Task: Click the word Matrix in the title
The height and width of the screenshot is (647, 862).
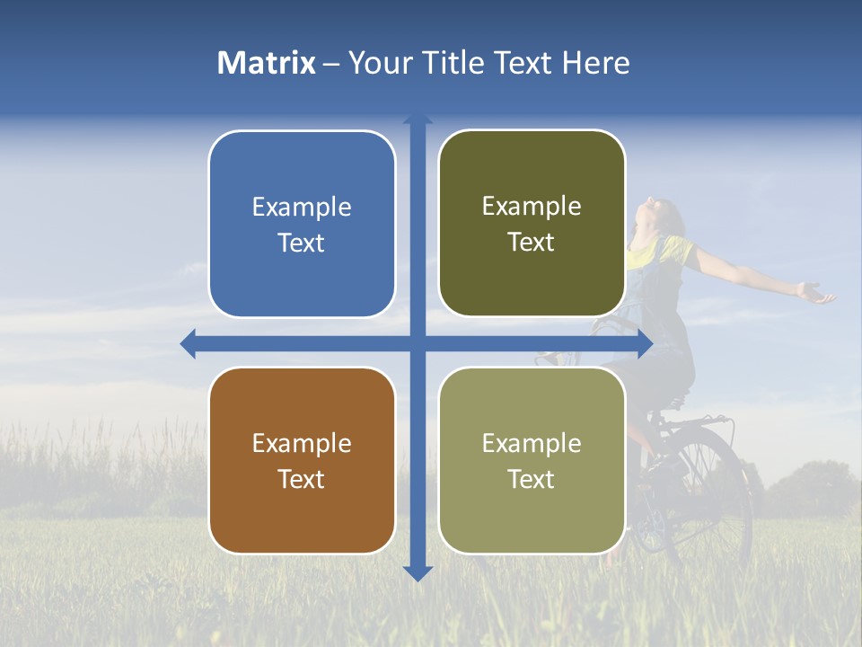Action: [267, 63]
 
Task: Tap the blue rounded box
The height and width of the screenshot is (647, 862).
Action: [302, 224]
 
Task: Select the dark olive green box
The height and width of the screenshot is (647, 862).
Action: [532, 224]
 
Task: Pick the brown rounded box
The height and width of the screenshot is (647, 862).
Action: [302, 460]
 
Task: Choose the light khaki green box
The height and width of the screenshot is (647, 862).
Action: [532, 460]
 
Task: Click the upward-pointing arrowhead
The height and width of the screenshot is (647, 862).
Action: [418, 119]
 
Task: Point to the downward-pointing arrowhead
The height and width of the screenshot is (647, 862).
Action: [418, 572]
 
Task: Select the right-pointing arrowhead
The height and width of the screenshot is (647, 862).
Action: [645, 343]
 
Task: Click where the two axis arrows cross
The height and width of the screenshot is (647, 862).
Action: [418, 343]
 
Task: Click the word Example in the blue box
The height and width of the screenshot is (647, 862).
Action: [302, 208]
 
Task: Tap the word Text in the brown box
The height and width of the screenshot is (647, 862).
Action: [302, 479]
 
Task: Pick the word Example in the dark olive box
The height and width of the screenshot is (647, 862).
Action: [532, 207]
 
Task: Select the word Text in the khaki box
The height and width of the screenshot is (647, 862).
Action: [532, 479]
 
